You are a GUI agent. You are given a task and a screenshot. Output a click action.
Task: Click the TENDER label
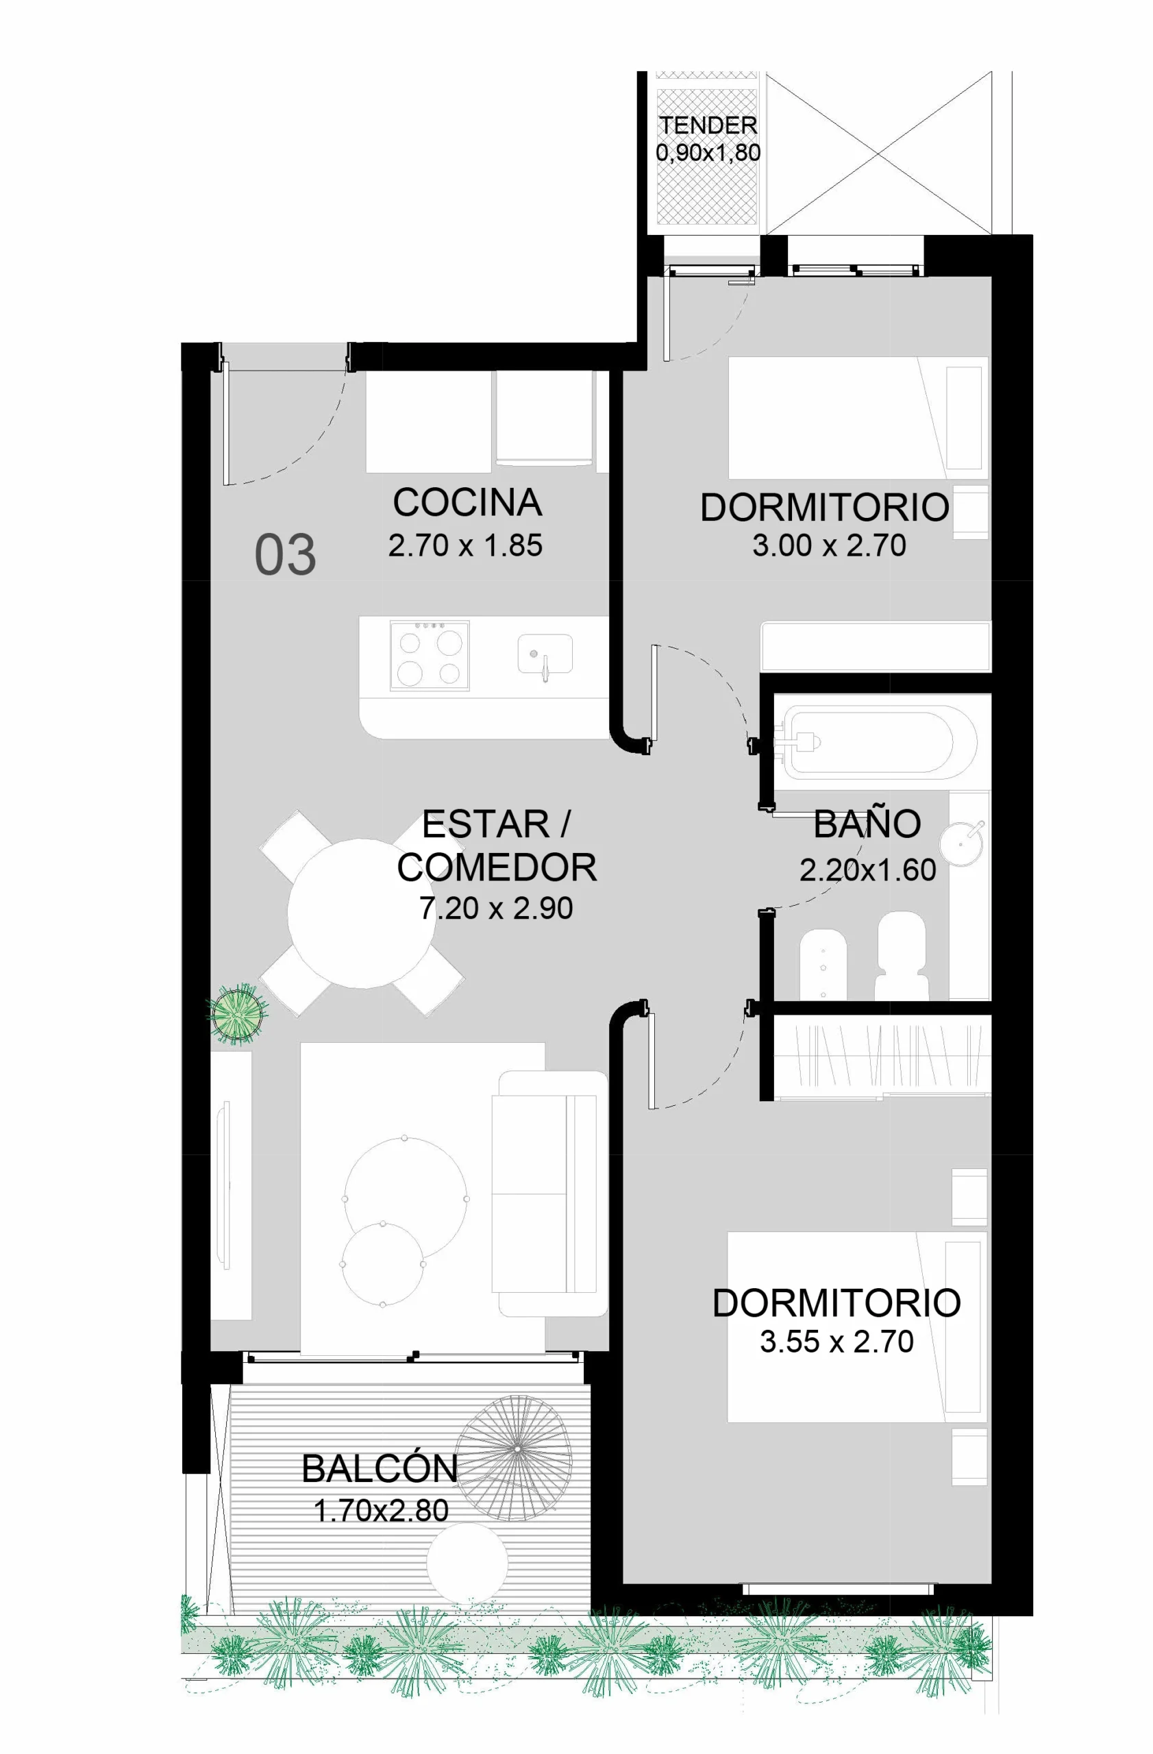coord(708,125)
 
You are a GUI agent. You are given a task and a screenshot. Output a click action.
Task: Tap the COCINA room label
coord(467,503)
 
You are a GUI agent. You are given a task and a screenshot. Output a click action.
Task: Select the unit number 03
coord(285,555)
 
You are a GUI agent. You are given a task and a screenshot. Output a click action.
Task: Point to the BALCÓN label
coord(380,1469)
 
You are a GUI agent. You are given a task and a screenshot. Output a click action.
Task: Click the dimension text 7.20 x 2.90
coord(496,908)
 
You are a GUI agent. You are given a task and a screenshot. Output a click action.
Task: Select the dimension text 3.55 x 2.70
coord(836,1342)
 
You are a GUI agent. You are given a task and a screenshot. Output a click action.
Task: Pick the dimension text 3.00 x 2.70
coord(829,545)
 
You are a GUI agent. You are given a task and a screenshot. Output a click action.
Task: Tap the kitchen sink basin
coord(545,653)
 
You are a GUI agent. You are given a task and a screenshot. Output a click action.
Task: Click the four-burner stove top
coord(430,655)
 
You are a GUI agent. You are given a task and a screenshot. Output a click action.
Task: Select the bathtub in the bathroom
coord(880,743)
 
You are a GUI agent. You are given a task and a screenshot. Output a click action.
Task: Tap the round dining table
coord(361,913)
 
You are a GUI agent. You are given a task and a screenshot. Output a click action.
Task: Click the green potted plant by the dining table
coord(237,1013)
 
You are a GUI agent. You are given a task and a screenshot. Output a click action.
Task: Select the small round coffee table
coord(383,1264)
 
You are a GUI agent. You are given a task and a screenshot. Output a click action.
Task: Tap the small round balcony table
coord(467,1561)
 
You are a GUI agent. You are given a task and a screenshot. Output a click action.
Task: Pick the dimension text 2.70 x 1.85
coord(465,545)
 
